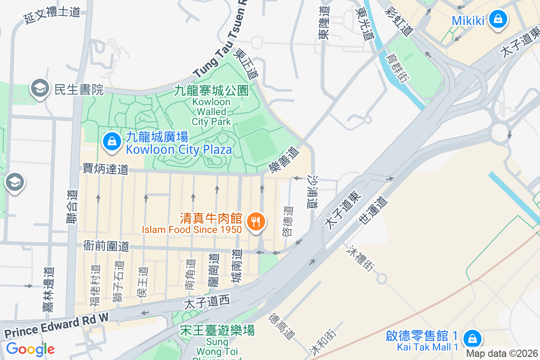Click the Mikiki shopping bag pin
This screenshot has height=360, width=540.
tap(498, 20)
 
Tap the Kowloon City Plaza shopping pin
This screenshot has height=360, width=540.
tap(111, 143)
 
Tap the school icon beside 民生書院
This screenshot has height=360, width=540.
tap(40, 89)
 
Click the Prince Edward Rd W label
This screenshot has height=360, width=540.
tap(56, 325)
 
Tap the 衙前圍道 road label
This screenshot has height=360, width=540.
tap(106, 246)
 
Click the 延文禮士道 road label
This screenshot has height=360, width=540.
tap(52, 15)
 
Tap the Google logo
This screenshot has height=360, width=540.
tap(30, 349)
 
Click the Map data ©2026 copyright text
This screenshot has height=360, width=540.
tap(502, 353)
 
